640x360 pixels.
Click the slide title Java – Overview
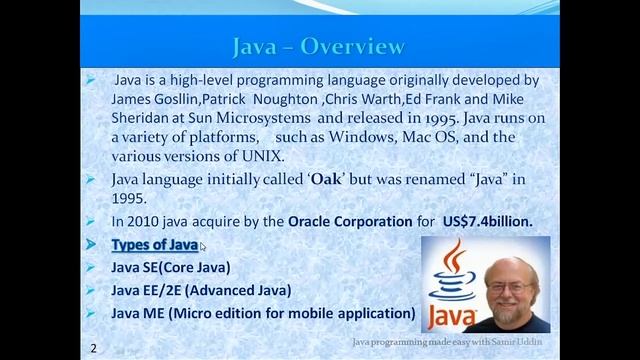tap(318, 47)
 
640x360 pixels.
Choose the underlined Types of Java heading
tap(154, 245)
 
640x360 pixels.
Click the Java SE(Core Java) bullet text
tap(170, 267)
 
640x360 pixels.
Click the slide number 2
tap(93, 347)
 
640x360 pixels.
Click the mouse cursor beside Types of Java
tap(203, 247)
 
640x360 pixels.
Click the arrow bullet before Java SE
tap(91, 267)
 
